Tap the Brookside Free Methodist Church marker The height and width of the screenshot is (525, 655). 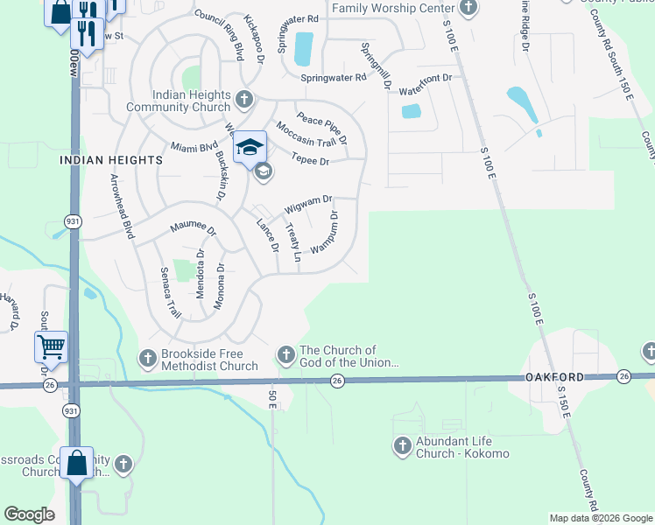click(x=147, y=357)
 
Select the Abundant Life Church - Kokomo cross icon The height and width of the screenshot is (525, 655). click(x=402, y=445)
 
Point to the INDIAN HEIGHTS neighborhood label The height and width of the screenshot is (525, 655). click(x=111, y=160)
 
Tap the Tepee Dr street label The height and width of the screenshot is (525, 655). click(x=311, y=161)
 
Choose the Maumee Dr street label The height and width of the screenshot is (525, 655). click(x=193, y=228)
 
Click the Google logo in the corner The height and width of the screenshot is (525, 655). click(x=30, y=514)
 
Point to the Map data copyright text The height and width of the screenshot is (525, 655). click(x=600, y=518)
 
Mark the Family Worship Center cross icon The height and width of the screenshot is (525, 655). click(x=468, y=9)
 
